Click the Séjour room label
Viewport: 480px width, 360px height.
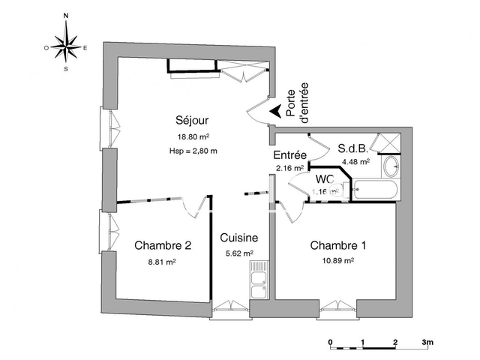click(x=192, y=121)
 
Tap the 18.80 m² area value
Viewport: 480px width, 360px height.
click(x=193, y=137)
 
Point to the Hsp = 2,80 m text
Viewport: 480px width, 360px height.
click(x=193, y=151)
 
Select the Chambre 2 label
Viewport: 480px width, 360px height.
click(x=163, y=245)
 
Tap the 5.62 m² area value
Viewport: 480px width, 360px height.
click(x=238, y=253)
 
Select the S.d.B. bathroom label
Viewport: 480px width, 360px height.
click(x=352, y=148)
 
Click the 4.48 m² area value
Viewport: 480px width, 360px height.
click(x=355, y=161)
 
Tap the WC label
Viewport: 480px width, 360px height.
click(x=324, y=179)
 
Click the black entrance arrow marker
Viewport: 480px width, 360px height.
click(x=277, y=111)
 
